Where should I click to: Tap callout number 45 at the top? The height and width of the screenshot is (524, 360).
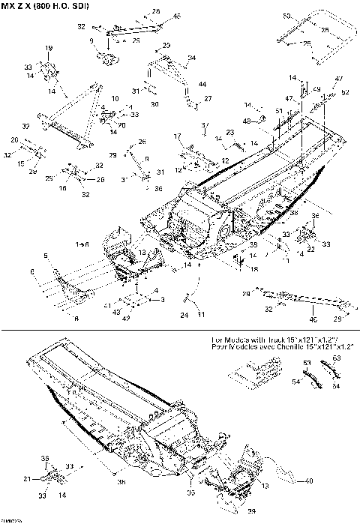tap(177, 16)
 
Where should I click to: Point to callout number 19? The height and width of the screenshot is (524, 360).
tap(49, 48)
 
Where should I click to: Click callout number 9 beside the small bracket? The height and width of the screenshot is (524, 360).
tap(91, 40)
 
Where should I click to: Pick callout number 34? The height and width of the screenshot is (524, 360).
tap(192, 57)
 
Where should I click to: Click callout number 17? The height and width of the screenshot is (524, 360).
tap(178, 136)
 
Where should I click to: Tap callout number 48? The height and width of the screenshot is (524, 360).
tap(245, 121)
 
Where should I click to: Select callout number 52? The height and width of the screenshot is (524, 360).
tap(345, 92)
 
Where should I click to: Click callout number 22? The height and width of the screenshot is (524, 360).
tap(310, 248)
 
